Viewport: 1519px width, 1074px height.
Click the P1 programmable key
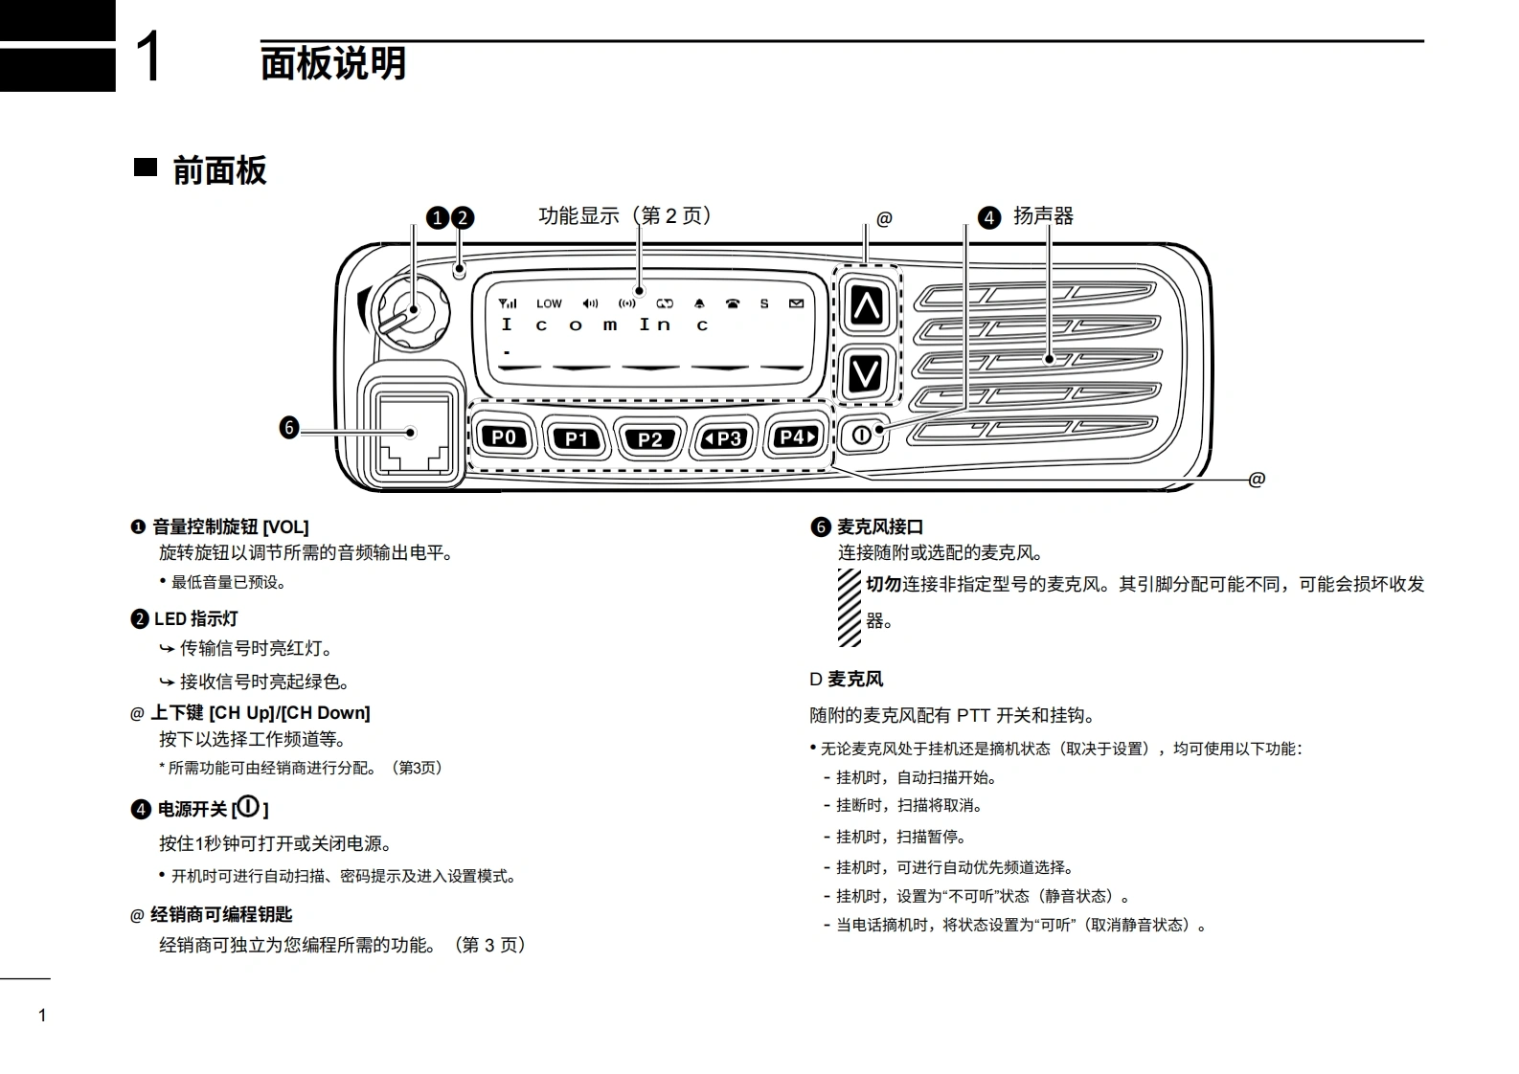click(x=576, y=438)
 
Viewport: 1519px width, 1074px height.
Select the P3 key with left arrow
click(x=723, y=438)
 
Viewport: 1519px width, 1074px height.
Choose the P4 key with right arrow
click(x=797, y=437)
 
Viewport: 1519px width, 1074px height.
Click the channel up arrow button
click(x=867, y=304)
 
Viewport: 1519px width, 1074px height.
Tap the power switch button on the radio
click(x=862, y=435)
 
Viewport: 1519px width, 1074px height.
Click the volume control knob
click(x=411, y=313)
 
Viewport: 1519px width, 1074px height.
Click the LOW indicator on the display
click(x=549, y=303)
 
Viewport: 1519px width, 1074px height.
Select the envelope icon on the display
click(x=796, y=303)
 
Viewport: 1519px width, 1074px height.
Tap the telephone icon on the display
click(x=733, y=303)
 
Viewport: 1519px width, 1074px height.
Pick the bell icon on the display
click(x=699, y=303)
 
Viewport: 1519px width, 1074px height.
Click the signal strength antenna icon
click(x=508, y=303)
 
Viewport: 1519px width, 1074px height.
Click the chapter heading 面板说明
click(x=333, y=64)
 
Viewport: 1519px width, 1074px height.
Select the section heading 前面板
click(x=219, y=170)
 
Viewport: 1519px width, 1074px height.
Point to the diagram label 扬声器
click(x=1044, y=216)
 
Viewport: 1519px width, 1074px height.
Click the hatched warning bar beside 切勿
click(x=849, y=608)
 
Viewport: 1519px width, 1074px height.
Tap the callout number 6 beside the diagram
click(x=289, y=428)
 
